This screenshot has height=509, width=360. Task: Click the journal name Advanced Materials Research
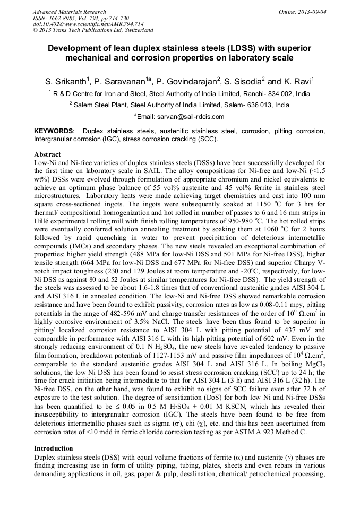point(69,12)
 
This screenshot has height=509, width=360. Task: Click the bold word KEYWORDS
point(54,131)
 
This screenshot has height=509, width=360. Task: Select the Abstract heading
point(47,154)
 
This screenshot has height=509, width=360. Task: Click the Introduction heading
point(54,448)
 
